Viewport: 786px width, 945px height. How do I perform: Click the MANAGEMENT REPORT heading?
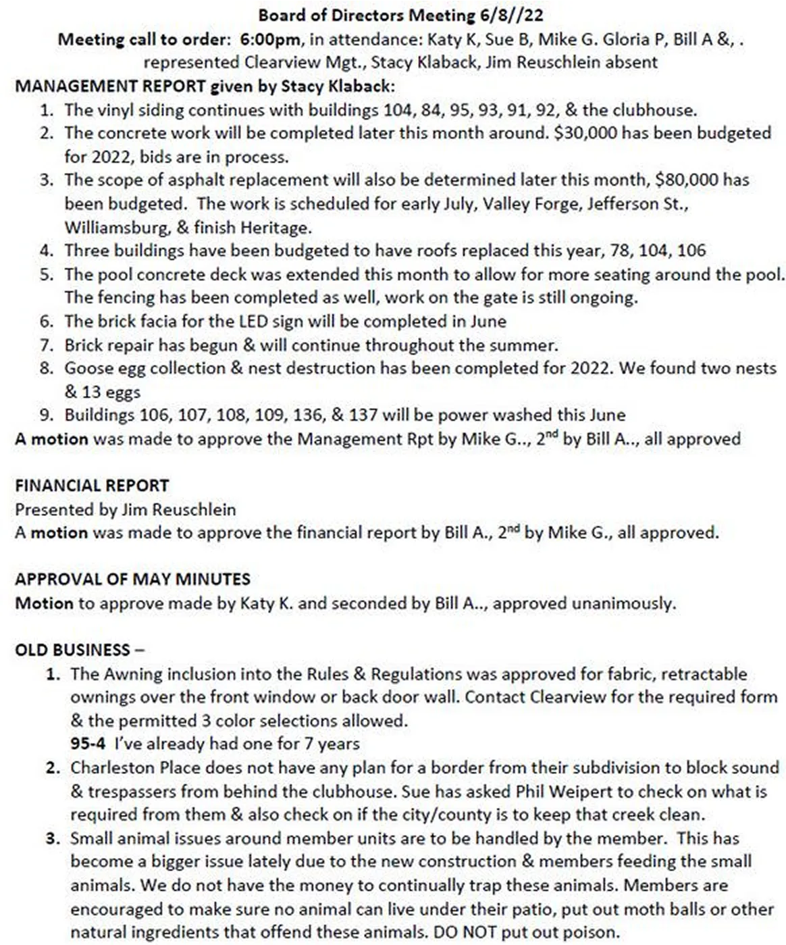[110, 86]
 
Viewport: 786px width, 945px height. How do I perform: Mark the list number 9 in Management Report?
[46, 415]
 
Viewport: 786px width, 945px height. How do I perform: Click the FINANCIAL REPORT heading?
[92, 486]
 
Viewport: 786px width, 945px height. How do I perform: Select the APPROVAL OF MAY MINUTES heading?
[132, 579]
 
